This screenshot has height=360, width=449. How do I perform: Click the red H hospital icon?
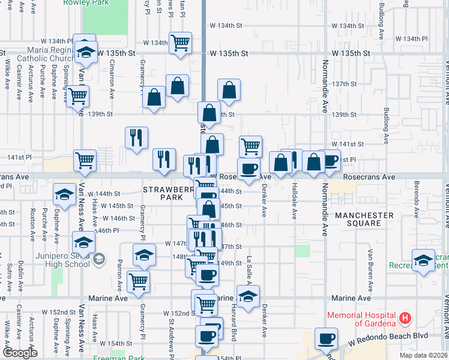406,317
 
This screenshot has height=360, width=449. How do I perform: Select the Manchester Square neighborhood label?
364,219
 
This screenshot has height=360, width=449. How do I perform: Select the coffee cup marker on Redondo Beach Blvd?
327,339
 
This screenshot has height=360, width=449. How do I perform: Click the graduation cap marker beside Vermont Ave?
424,260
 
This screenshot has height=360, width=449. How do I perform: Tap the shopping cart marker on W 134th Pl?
180,43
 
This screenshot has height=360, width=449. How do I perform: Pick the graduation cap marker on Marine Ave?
247,296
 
